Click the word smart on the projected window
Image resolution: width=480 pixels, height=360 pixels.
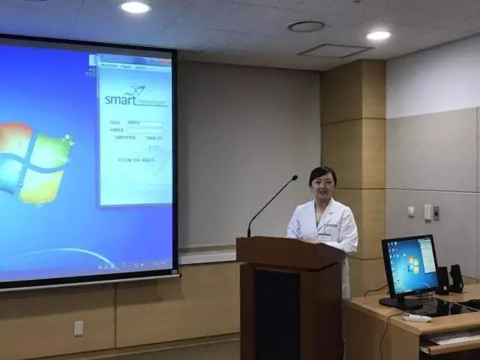120,98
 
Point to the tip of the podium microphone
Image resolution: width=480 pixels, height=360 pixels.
295,178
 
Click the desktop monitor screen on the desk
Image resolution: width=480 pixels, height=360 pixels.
409,266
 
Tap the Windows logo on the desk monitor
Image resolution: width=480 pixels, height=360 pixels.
412,265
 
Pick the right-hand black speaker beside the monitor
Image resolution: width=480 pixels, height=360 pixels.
457,277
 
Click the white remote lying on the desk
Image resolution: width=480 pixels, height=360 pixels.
417,317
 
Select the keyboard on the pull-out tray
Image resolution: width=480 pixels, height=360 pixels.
454,337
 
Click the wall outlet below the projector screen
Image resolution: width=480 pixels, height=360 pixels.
78,328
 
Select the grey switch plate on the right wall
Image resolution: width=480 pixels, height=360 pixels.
427,212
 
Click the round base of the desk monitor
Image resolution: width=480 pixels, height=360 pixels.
401,303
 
